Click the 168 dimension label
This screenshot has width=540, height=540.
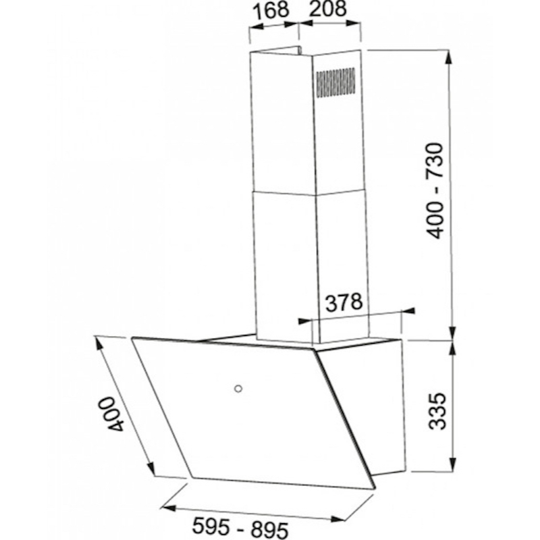click(x=271, y=10)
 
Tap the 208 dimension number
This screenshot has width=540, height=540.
click(x=327, y=9)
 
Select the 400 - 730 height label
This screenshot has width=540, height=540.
click(x=434, y=191)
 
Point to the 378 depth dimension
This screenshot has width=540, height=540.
click(x=344, y=302)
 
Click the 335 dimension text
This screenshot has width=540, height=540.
click(x=437, y=411)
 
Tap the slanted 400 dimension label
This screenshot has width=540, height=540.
click(x=113, y=414)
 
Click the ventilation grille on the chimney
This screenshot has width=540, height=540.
click(x=335, y=82)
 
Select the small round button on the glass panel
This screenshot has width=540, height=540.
click(x=238, y=389)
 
